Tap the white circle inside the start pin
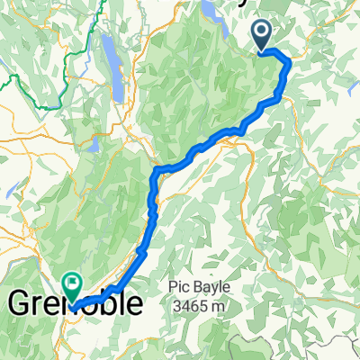click(263, 32)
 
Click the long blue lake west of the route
click(109, 56)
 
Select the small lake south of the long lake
click(93, 143)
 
